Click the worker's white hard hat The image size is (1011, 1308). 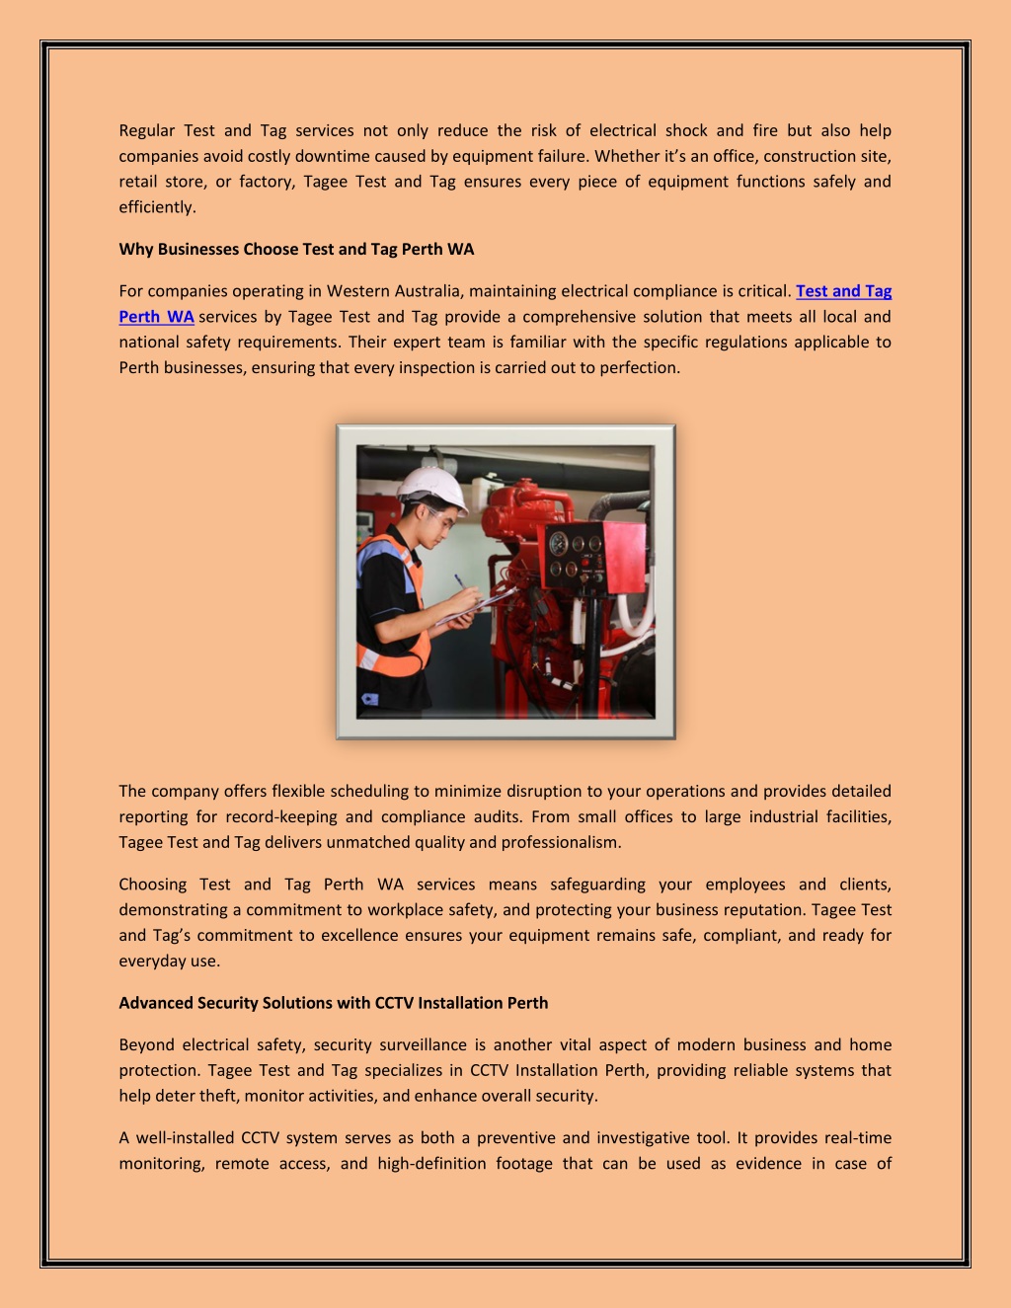pyautogui.click(x=431, y=487)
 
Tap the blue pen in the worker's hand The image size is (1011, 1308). pyautogui.click(x=462, y=582)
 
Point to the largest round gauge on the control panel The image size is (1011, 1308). pyautogui.click(x=559, y=543)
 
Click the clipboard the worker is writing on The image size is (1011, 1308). pyautogui.click(x=479, y=604)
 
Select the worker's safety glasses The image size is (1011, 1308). pyautogui.click(x=437, y=513)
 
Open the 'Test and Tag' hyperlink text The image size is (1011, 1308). pyautogui.click(x=843, y=291)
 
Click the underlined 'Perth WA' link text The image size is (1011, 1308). pyautogui.click(x=156, y=317)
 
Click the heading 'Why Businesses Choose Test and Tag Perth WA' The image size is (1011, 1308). pyautogui.click(x=296, y=249)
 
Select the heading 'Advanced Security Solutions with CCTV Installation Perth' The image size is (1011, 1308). pyautogui.click(x=333, y=1003)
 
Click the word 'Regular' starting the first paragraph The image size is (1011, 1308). pyautogui.click(x=146, y=130)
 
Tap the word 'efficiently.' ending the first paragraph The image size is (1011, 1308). pyautogui.click(x=157, y=207)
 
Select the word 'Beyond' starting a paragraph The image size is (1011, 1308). pyautogui.click(x=146, y=1044)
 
